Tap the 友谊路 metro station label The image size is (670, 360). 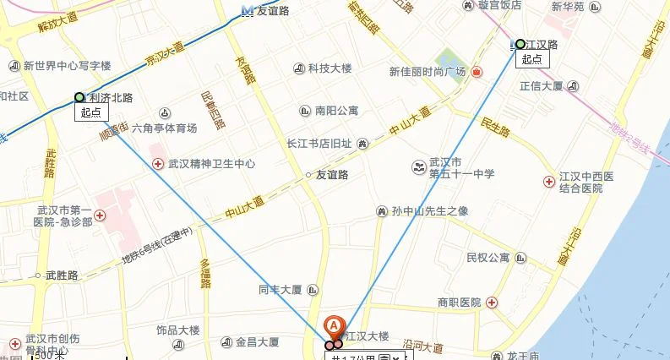pos(273,11)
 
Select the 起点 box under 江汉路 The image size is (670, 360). pos(531,59)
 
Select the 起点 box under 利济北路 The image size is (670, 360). pos(90,112)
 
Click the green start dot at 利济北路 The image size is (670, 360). pos(79,97)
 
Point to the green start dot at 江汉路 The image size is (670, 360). pos(520,44)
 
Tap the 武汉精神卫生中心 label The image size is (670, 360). pos(211,164)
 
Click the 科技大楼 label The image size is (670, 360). pos(330,68)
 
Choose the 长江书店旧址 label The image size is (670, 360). pos(319,144)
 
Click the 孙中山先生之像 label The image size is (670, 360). pos(430,210)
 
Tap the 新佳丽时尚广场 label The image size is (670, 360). pos(427,72)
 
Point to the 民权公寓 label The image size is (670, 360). pos(488,257)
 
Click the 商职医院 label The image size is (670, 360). pos(459,303)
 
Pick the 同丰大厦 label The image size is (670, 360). pos(281,289)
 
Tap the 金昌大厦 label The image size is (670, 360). pos(258,342)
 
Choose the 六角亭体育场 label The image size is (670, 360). pos(164,128)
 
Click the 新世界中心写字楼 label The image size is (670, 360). pos(67,65)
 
